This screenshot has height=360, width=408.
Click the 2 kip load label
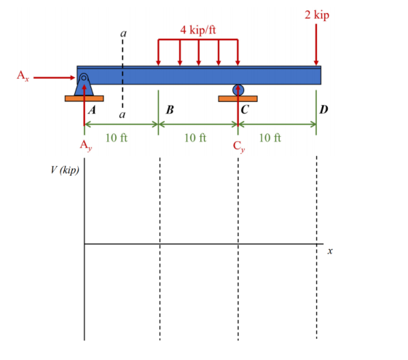[317, 15]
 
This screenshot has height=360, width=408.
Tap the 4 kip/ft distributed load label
[198, 30]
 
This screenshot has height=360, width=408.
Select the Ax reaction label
[23, 76]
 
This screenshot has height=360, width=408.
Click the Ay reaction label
[86, 145]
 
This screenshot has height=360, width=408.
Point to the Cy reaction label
[239, 146]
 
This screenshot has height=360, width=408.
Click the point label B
[170, 109]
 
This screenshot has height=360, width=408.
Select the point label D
[323, 109]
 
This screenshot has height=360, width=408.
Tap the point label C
[245, 109]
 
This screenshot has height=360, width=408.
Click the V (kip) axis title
[65, 171]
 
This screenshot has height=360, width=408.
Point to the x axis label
[330, 251]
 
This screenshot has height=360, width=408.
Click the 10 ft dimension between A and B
[117, 138]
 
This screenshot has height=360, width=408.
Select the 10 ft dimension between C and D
[270, 138]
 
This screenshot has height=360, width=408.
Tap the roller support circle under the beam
[238, 90]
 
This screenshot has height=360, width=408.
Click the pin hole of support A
[84, 77]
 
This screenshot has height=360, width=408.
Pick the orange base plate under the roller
[238, 98]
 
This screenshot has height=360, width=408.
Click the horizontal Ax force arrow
[54, 77]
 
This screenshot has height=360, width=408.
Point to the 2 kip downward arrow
[316, 44]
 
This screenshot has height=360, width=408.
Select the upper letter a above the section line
[123, 34]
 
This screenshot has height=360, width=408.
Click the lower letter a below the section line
[122, 114]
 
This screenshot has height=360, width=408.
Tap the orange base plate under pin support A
[85, 98]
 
